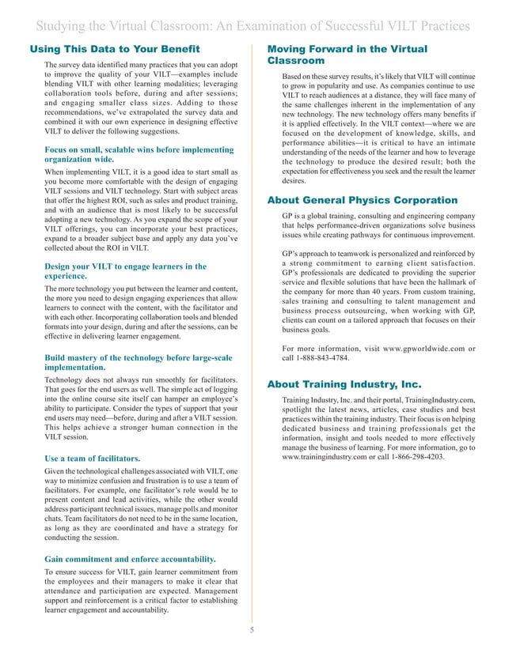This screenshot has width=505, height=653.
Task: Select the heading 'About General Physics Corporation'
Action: (363, 199)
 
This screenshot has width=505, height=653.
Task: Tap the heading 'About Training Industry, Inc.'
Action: (347, 383)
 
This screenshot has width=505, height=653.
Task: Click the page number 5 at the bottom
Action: (252, 630)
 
